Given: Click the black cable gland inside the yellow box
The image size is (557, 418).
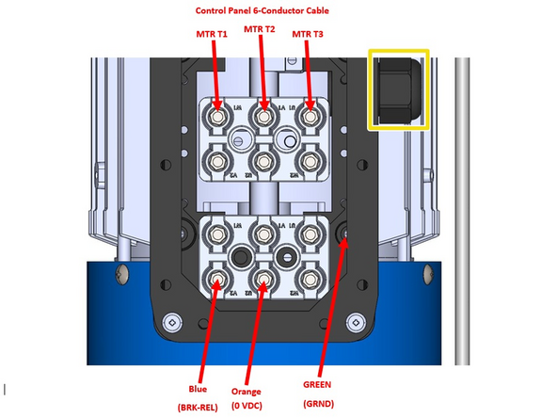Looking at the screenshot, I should (x=396, y=89).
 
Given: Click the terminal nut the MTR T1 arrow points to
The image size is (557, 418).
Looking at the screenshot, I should (x=218, y=117).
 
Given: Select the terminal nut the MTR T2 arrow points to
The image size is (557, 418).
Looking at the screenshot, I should (x=264, y=117).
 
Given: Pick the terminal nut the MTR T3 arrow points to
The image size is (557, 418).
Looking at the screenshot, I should (x=310, y=117).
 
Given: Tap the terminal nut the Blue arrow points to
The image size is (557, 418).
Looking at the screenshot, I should (x=218, y=279).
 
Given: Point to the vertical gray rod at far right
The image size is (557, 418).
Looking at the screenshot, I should (x=461, y=207).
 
